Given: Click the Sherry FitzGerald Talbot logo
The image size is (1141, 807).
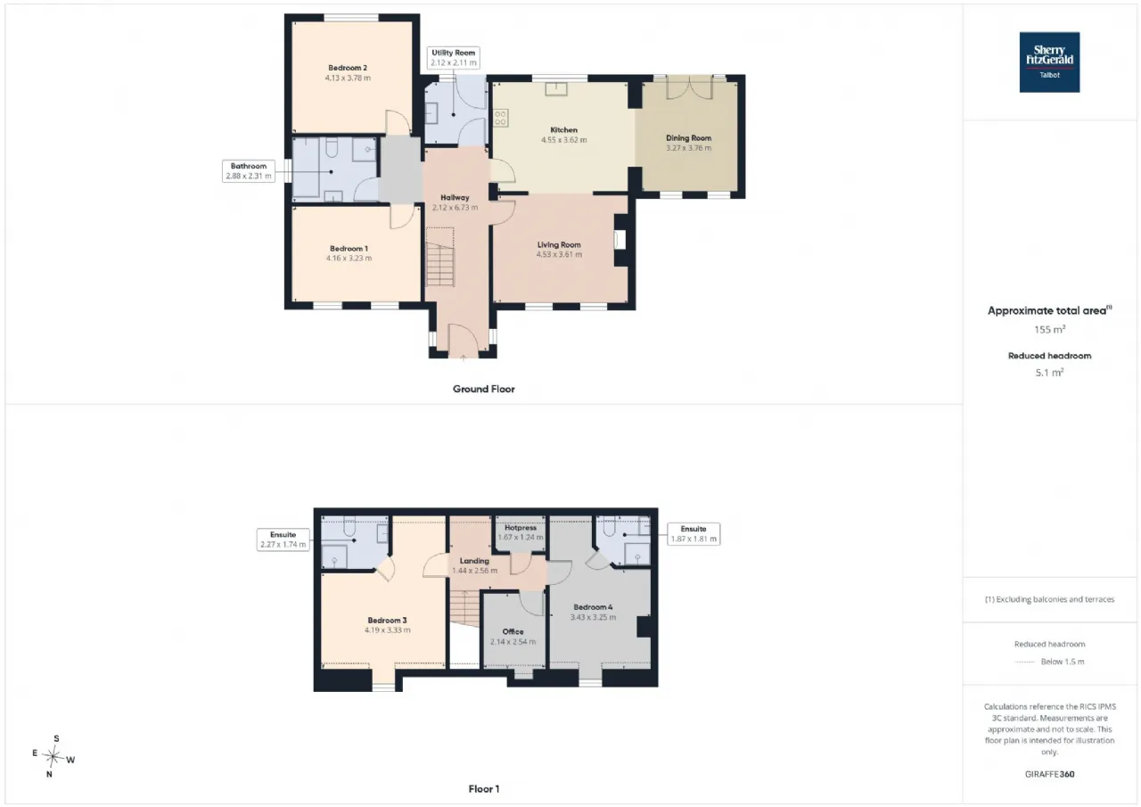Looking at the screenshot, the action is pyautogui.click(x=1049, y=62).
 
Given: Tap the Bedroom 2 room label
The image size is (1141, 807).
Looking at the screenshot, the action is pyautogui.click(x=348, y=68).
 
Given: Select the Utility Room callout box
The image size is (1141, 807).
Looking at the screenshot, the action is pyautogui.click(x=453, y=58).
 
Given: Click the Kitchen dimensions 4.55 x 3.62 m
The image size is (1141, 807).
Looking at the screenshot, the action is pyautogui.click(x=564, y=140).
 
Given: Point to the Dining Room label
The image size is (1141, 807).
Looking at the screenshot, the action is pyautogui.click(x=689, y=137).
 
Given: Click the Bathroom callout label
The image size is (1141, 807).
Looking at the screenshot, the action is pyautogui.click(x=249, y=171).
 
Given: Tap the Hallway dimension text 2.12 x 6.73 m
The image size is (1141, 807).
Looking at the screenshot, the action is pyautogui.click(x=455, y=208).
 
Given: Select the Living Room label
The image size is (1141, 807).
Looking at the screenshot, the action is pyautogui.click(x=559, y=244).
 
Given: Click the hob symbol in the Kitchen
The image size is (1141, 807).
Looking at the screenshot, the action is pyautogui.click(x=500, y=119).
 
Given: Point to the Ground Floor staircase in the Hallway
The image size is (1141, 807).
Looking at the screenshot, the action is pyautogui.click(x=440, y=258).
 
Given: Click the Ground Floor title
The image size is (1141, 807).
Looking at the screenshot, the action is pyautogui.click(x=484, y=390).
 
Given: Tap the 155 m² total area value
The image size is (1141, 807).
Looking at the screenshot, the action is pyautogui.click(x=1049, y=329).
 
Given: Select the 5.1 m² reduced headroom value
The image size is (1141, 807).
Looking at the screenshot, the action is pyautogui.click(x=1049, y=373).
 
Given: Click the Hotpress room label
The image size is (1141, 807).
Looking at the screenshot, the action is pyautogui.click(x=520, y=528).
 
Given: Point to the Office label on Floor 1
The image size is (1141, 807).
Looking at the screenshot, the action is pyautogui.click(x=513, y=631).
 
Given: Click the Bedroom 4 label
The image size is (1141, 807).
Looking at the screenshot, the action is pyautogui.click(x=593, y=607).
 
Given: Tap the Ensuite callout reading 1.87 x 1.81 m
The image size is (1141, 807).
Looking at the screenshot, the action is pyautogui.click(x=694, y=534).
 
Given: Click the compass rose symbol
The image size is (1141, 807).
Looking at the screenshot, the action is pyautogui.click(x=53, y=756).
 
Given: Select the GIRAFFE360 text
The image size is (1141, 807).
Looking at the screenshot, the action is pyautogui.click(x=1049, y=774).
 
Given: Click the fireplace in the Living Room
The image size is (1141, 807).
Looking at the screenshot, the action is pyautogui.click(x=620, y=240).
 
